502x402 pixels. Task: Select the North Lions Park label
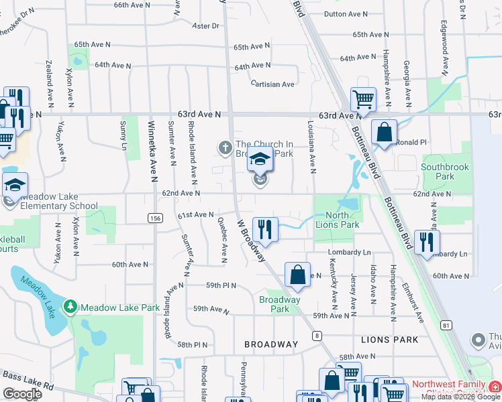tap(340, 220)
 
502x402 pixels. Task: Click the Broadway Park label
tap(280, 304)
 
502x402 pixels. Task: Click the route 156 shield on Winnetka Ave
tap(155, 218)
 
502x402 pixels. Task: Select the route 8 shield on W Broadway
tap(316, 335)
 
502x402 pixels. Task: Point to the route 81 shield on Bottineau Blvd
tap(444, 325)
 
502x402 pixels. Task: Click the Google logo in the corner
tap(22, 394)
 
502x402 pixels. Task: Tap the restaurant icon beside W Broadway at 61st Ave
tap(266, 229)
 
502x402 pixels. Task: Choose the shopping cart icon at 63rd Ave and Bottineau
tap(362, 99)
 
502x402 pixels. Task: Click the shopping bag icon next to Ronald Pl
tap(384, 132)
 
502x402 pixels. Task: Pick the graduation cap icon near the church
tap(260, 161)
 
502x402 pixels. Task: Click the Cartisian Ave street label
tap(272, 84)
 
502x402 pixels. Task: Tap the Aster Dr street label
tap(206, 26)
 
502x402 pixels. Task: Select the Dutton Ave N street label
tap(345, 13)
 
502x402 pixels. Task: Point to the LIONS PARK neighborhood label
tap(389, 340)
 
